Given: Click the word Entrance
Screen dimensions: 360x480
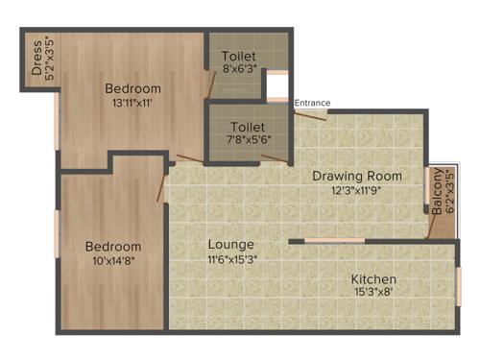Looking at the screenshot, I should [312, 103].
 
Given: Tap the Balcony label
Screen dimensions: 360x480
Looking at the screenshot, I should [438, 191].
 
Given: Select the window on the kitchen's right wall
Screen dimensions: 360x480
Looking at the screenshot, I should [459, 284].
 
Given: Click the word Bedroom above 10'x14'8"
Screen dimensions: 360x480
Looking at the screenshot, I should [112, 247].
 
